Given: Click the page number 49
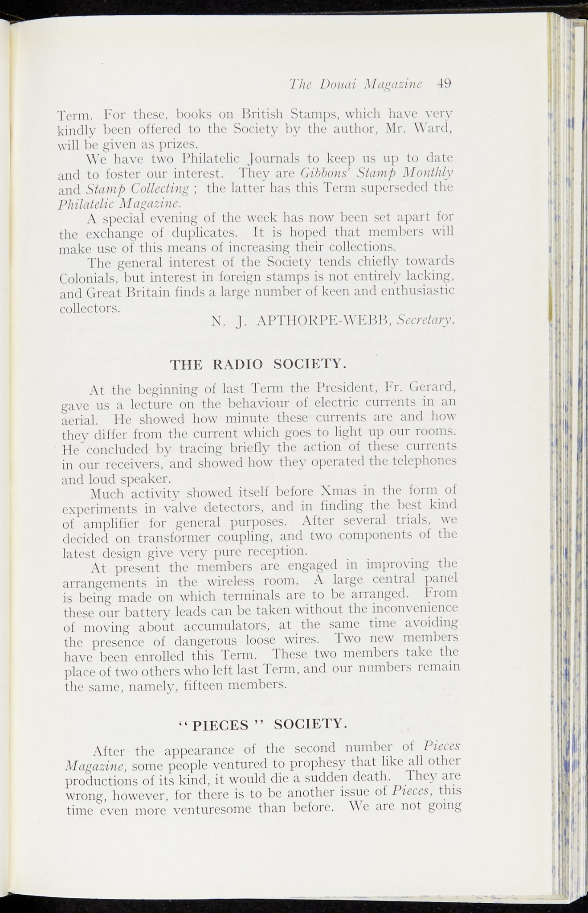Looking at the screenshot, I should click(x=444, y=83).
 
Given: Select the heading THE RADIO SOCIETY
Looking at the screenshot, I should click(x=258, y=364).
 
